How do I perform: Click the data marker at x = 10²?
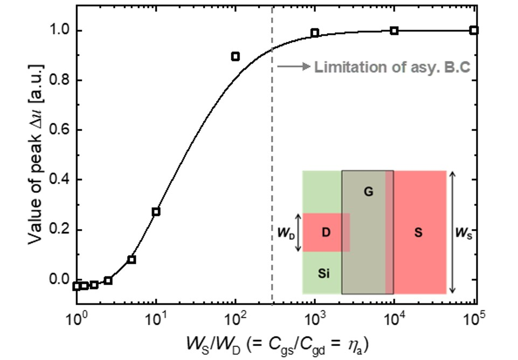[x=235, y=56]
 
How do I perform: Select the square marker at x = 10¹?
[x=156, y=212]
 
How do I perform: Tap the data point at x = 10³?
[x=315, y=33]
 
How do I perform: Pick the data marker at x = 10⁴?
[x=394, y=31]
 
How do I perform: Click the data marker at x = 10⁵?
[x=473, y=30]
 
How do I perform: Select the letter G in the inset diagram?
[x=369, y=191]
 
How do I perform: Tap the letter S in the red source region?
[x=418, y=233]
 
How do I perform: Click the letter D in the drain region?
[x=326, y=232]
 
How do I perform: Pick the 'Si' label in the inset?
[x=323, y=273]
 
